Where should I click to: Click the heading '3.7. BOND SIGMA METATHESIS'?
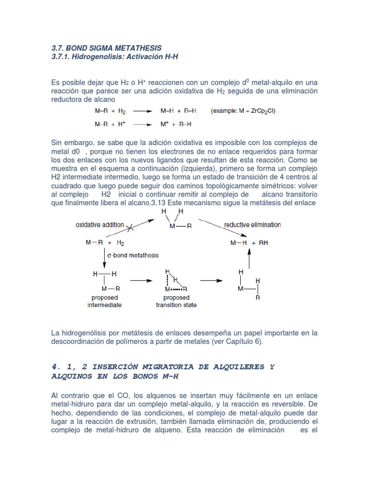106,48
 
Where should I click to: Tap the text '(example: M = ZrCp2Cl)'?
243,111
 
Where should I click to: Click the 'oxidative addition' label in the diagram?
100,225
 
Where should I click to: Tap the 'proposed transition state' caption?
176,302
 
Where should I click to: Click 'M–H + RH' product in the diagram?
249,243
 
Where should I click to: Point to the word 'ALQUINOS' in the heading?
71,376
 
